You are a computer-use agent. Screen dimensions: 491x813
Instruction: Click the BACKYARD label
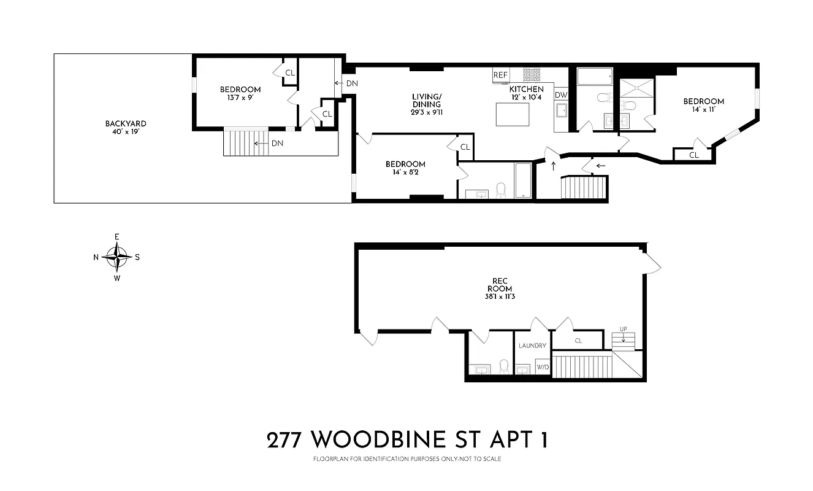pos(126,123)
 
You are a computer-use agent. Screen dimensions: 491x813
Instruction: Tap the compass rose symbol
pos(116,257)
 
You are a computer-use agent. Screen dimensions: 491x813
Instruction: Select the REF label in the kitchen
pos(501,75)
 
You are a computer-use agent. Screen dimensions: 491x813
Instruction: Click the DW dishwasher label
pos(560,95)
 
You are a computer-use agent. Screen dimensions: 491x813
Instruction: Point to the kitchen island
pos(512,114)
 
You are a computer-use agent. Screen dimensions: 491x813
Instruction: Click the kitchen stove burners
pos(531,75)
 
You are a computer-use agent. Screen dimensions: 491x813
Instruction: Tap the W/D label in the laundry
pos(543,368)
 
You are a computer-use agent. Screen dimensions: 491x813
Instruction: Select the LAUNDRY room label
pos(532,346)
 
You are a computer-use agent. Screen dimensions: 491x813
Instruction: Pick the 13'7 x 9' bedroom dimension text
pos(240,98)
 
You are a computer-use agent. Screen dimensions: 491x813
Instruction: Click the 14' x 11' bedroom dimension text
pos(703,110)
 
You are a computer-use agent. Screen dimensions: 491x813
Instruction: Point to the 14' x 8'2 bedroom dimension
pos(405,172)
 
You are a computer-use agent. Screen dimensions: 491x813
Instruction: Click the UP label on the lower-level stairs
pos(623,329)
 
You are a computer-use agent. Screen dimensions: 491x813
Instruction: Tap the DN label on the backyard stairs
pos(277,143)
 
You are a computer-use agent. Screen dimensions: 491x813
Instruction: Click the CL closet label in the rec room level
pos(578,341)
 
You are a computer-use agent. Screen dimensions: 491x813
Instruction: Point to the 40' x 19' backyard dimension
pos(126,131)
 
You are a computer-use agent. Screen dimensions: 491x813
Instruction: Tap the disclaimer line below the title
pos(407,459)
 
